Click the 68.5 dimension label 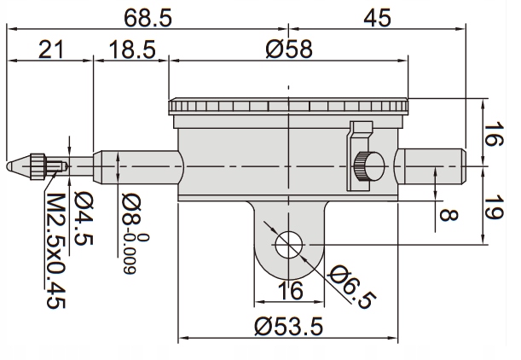coord(148,18)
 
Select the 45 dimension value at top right coord(377,18)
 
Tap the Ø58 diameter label coord(289,49)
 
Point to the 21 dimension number coord(50,49)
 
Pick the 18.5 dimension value coord(132,49)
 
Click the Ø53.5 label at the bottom coord(288,326)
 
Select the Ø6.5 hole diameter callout coord(352,287)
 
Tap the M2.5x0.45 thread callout coord(55,251)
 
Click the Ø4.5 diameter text coord(83,218)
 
